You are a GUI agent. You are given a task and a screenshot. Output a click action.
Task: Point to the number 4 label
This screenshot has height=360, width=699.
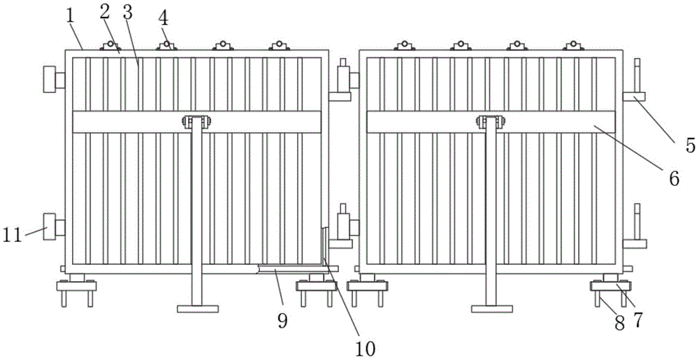(164, 17)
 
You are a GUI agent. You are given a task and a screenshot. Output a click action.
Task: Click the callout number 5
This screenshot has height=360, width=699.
(690, 145)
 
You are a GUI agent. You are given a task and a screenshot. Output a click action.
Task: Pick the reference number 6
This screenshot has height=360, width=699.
(674, 178)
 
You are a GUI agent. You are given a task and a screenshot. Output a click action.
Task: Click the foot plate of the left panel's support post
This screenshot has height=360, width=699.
(197, 308)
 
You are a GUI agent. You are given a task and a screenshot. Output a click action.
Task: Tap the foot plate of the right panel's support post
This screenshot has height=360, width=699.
(492, 308)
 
